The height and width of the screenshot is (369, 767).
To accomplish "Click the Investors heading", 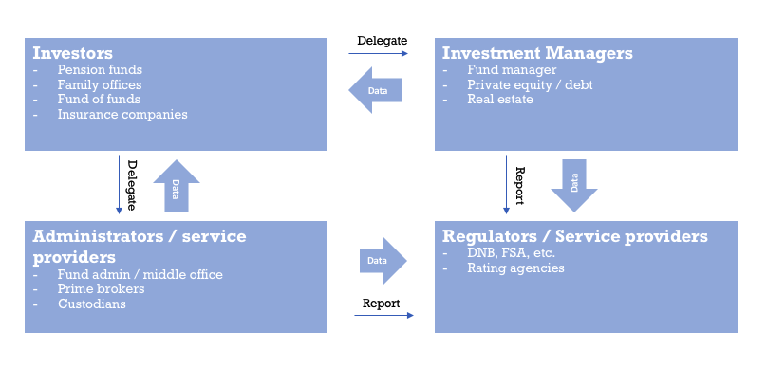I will tap(73, 52).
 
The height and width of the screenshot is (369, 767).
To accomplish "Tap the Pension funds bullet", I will tap(100, 70).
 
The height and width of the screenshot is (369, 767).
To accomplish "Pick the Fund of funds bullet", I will tap(99, 99).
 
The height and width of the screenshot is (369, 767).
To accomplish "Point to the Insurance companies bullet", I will tap(122, 114).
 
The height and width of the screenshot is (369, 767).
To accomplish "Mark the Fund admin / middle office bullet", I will tap(140, 274).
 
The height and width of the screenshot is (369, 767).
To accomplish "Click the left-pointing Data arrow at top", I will tap(375, 90).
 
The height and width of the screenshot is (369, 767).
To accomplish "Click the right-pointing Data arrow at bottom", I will tap(382, 260).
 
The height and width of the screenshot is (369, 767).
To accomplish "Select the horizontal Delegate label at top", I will tap(382, 40).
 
